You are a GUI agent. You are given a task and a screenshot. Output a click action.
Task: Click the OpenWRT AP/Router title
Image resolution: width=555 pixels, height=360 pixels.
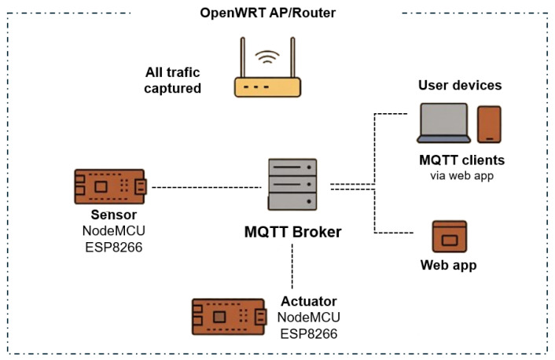coord(267,13)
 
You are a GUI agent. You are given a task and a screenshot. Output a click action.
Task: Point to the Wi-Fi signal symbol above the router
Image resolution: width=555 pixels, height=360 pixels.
coord(267,57)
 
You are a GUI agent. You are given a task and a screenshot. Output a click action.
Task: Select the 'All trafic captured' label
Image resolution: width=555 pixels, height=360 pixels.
coord(173,80)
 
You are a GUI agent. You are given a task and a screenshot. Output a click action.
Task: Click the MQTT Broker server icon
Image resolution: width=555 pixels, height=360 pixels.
coord(292,185)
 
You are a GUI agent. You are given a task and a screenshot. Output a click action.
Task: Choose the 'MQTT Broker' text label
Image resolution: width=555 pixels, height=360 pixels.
coord(292,232)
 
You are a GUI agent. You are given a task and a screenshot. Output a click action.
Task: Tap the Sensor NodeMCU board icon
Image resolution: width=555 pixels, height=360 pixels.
coord(110,186)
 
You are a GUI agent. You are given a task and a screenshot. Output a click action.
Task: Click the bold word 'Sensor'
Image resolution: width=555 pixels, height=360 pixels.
coord(114,215)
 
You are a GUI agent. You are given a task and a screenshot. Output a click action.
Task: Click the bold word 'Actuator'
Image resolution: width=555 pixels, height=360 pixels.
coord(309,301)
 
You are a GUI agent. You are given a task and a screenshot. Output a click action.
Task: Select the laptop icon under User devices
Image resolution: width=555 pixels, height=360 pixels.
coord(443,123)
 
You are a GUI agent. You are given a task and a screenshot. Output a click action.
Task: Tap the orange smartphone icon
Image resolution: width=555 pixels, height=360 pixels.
coord(489,124)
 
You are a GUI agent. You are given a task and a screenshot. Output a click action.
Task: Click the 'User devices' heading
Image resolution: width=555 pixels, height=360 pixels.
coord(460,86)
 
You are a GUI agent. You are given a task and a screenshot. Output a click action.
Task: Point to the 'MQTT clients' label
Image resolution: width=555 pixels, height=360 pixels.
coord(462,160)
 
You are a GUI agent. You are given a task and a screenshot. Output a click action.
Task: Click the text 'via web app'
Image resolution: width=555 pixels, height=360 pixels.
coord(462,176)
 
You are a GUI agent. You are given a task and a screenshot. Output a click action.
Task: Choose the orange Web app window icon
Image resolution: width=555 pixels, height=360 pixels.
coord(450,237)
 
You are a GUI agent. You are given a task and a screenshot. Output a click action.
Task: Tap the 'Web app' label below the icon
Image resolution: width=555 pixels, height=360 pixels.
coord(448,265)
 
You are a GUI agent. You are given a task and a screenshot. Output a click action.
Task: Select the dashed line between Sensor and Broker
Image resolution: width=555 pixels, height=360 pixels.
coord(207,187)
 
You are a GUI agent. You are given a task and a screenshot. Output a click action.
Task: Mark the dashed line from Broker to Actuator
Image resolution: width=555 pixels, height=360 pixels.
coord(292,266)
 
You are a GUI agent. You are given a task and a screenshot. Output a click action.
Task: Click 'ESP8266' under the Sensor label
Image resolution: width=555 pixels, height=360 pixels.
coord(114,247)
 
